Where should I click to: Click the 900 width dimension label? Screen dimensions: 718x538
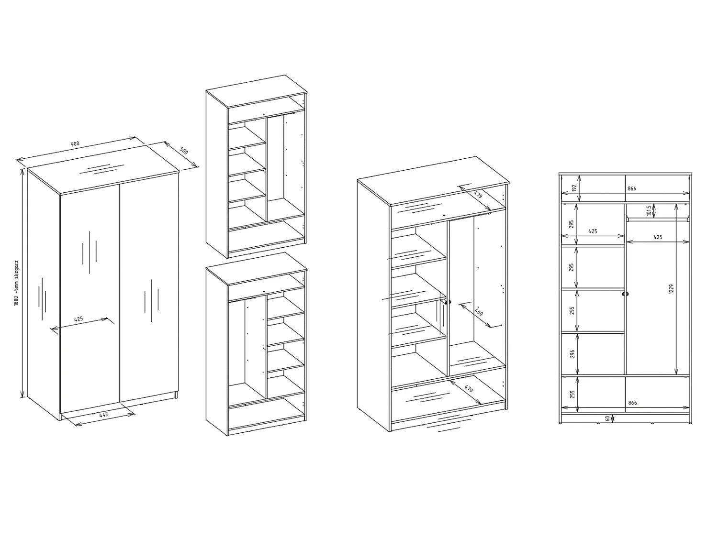(x=75, y=144)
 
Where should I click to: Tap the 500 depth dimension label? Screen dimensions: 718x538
(x=184, y=151)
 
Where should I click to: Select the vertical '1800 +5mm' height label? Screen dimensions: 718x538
(x=16, y=283)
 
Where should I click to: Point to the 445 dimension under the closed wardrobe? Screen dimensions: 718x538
(x=104, y=415)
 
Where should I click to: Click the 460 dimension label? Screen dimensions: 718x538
(x=479, y=312)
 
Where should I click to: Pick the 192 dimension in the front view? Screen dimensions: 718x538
(x=573, y=188)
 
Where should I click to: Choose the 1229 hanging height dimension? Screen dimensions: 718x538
(x=672, y=289)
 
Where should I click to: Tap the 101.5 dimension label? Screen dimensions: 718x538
(x=649, y=211)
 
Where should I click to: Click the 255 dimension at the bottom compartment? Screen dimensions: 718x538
(x=572, y=395)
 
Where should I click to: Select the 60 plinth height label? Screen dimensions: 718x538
(x=607, y=418)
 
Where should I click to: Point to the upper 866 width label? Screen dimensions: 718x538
(x=632, y=188)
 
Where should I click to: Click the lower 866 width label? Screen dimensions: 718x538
(x=632, y=403)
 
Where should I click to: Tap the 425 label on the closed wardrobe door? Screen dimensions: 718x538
(x=79, y=319)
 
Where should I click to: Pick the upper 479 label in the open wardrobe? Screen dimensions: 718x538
(x=478, y=195)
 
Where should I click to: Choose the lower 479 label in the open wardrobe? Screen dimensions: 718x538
(x=469, y=389)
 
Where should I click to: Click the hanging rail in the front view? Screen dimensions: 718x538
(x=658, y=220)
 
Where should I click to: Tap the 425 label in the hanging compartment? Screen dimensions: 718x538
(x=658, y=237)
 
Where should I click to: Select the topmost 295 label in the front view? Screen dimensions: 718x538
(x=572, y=224)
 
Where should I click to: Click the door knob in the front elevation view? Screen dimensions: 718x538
(x=626, y=294)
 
